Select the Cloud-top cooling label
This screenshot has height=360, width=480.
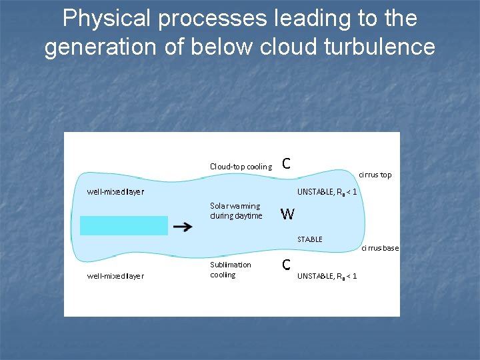click(241, 167)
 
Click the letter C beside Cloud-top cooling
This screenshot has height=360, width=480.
click(285, 163)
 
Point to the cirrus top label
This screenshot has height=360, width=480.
click(375, 175)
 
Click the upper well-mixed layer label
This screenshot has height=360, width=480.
click(115, 192)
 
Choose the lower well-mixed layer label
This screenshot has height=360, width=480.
click(115, 275)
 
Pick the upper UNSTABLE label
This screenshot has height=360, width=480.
click(327, 192)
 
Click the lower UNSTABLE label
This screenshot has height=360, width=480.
click(327, 275)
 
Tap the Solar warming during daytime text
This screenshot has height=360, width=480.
click(236, 211)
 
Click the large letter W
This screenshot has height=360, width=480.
click(287, 214)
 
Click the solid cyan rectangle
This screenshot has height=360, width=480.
click(124, 225)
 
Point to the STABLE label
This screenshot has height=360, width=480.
click(309, 239)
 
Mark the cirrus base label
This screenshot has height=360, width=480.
click(380, 248)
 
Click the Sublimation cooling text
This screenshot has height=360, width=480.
click(230, 269)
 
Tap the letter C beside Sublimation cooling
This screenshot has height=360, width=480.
click(285, 265)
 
